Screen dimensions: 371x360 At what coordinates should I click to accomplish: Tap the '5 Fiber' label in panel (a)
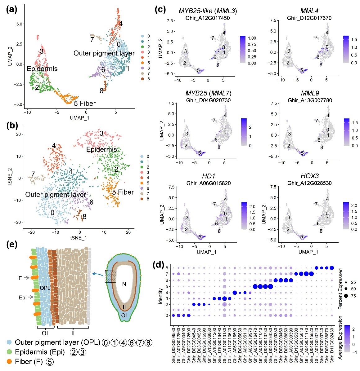pos(84,104)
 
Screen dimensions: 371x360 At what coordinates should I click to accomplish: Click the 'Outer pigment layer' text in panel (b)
pos(56,195)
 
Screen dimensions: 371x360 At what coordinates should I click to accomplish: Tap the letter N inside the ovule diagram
pos(124,284)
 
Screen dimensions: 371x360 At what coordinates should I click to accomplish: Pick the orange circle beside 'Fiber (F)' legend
pos(10,361)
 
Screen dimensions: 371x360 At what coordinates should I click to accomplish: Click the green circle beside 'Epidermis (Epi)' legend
pos(10,352)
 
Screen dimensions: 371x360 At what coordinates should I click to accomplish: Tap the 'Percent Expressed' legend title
pos(340,289)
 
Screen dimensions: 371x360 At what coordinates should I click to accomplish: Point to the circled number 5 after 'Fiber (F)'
pos(49,361)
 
